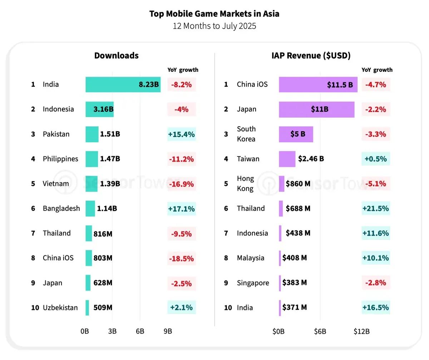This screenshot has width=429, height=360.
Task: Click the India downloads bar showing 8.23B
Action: click(123, 85)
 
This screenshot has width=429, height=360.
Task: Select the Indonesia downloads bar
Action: click(99, 109)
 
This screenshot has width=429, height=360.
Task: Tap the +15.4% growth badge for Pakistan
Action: click(181, 134)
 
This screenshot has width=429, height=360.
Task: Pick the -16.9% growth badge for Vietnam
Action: click(181, 184)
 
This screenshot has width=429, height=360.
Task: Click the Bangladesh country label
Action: click(61, 208)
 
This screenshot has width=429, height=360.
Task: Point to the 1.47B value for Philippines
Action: click(110, 159)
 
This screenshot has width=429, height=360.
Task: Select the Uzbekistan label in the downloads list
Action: click(60, 308)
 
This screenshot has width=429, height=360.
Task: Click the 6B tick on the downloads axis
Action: click(140, 331)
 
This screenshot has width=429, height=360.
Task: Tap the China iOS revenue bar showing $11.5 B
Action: click(318, 85)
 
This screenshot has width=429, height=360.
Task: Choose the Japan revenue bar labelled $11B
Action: click(316, 109)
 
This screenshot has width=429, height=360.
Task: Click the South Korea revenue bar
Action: click(296, 134)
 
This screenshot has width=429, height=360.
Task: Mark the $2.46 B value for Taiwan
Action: click(310, 159)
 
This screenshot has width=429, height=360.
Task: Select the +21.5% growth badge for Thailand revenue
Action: click(375, 208)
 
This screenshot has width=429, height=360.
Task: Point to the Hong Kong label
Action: click(245, 184)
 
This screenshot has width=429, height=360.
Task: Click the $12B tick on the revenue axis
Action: click(361, 331)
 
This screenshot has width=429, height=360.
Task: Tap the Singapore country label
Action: click(253, 283)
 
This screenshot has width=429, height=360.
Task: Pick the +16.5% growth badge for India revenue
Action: click(375, 308)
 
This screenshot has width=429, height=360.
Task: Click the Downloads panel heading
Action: click(116, 56)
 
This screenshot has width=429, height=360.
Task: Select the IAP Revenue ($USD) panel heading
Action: click(311, 56)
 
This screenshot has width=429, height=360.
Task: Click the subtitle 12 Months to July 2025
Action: click(214, 26)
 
